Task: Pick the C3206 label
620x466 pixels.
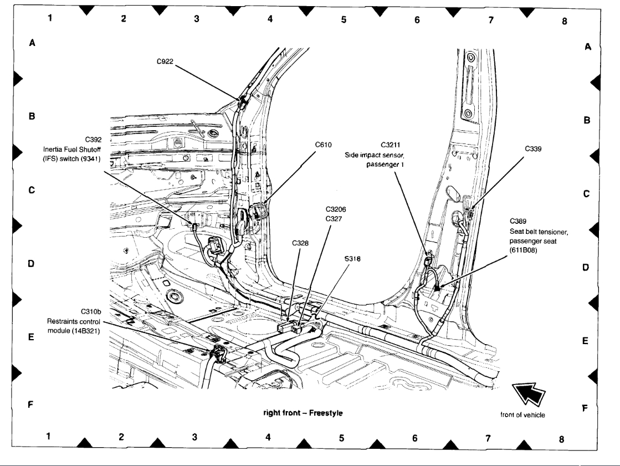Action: [335, 210]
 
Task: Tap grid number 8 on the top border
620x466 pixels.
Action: [565, 22]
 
